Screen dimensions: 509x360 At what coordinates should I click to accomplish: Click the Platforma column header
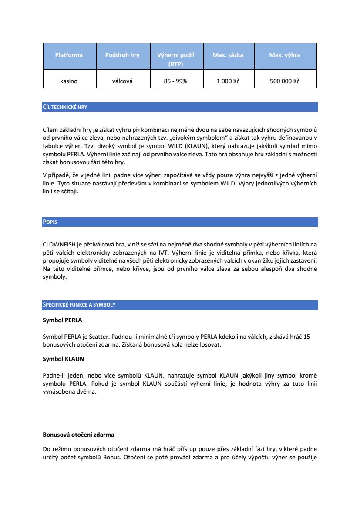coord(69,55)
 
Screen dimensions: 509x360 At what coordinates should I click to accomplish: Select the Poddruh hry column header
coord(122,55)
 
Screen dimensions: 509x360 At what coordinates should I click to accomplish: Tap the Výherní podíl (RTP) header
coord(175,59)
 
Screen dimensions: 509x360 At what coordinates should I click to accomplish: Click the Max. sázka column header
coord(228,55)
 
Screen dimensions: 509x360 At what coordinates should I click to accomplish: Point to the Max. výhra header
coord(285,55)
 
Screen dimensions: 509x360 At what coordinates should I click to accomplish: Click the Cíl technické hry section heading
coord(65,107)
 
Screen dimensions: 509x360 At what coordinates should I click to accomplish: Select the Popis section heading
coord(50,222)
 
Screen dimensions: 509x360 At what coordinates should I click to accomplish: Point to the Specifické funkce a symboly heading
coord(79,305)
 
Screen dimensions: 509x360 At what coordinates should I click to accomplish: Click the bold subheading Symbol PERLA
coord(62,320)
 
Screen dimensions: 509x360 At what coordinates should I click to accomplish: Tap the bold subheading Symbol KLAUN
coord(63,359)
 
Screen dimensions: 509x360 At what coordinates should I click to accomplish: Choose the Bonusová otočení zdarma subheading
coord(78,435)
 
